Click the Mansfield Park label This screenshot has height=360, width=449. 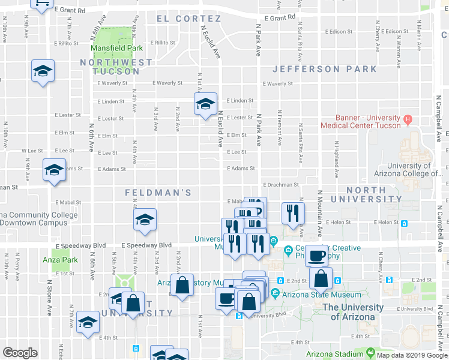116,48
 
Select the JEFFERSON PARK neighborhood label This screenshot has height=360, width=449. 325,69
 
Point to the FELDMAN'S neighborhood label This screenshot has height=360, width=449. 158,193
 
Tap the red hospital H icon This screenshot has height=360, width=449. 408,118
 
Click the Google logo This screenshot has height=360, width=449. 19,353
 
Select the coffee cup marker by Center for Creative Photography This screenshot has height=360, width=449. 316,255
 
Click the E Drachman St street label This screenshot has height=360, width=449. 280,185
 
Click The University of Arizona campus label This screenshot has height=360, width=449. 353,311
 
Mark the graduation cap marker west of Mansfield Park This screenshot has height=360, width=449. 43,71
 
